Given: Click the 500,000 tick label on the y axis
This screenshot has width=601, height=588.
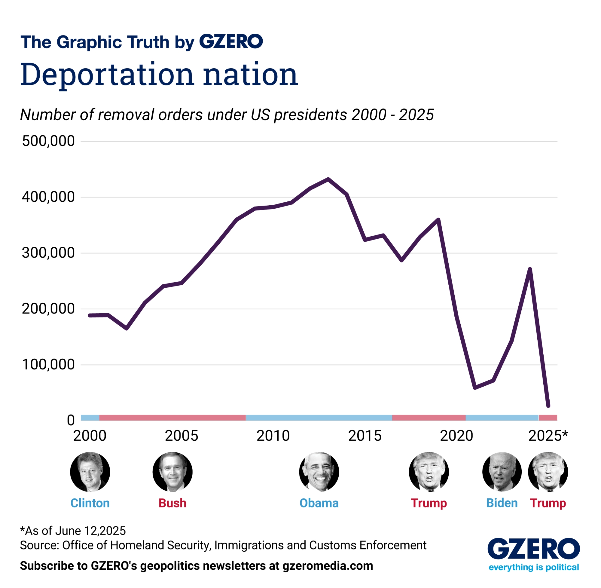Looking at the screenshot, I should pos(48,141).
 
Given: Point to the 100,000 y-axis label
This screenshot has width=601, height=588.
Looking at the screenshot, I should pos(48,364).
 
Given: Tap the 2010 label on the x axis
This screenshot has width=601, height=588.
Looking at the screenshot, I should pos(273,436).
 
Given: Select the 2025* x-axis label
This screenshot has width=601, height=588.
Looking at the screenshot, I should pos(548,436).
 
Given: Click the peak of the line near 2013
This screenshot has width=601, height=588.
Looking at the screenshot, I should pos(328,179).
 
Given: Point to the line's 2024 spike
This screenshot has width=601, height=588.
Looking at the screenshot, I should pos(530,269).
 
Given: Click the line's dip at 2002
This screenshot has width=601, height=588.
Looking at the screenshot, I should pos(127,329).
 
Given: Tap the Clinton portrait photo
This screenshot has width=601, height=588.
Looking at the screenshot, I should pos(90,472).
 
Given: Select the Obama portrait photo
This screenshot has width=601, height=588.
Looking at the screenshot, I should pos(319,472).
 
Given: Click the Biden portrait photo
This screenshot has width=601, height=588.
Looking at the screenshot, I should pos(502,472).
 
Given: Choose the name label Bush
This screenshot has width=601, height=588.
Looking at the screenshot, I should pos(172,503).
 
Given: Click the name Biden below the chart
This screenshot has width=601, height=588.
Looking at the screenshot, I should pos(502,503).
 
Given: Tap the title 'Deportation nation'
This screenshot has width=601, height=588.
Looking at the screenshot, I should pos(159,75).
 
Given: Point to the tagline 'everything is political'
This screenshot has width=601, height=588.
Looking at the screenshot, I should pos(533,567).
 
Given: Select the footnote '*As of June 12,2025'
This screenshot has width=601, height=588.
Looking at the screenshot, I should pos(73,531).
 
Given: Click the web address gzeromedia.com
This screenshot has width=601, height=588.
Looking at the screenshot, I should pos(328,566).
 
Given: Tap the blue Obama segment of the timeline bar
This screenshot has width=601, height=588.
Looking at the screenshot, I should pos(319,418).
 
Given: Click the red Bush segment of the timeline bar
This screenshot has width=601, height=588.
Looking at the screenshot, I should pos(172,418).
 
